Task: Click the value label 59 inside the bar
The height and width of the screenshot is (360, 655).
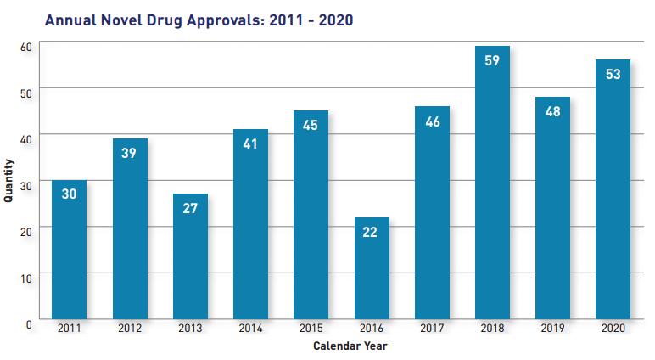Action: coord(492,60)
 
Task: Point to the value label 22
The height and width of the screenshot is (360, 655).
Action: coord(371,232)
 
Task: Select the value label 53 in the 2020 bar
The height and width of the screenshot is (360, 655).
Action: coord(613,74)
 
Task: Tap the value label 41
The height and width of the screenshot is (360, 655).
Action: coord(250,143)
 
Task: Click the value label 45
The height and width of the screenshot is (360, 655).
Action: coord(311,125)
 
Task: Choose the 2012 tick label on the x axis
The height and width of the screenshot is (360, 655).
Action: coord(129,327)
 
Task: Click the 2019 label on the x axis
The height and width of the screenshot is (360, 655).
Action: coord(552,327)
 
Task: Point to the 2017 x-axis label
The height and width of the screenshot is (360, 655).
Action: coord(432,327)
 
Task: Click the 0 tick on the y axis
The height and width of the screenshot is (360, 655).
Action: coord(28,323)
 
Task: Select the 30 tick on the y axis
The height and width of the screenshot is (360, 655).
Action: coord(25,184)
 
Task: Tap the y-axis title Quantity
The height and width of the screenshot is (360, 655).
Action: coord(8,182)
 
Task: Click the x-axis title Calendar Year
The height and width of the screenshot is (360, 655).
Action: coord(350,346)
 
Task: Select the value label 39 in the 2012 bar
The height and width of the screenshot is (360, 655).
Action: coord(129,153)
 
